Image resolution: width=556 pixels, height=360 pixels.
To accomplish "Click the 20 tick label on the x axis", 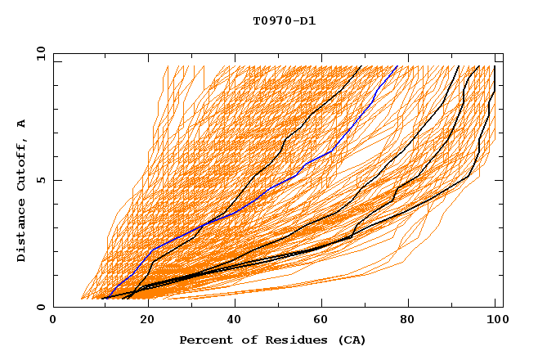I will coord(142,320).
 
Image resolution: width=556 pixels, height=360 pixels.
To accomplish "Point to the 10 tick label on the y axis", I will coord(40,53).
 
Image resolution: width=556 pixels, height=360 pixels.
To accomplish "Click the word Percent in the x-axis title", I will coord(202,340).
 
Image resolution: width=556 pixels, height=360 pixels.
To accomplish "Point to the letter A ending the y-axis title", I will coord(21,123).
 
